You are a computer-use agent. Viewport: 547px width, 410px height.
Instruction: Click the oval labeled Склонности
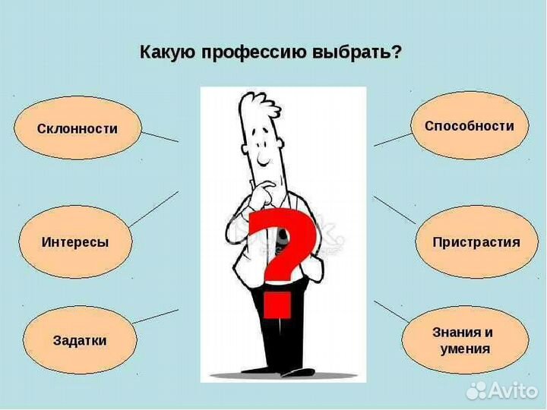pos(77,128)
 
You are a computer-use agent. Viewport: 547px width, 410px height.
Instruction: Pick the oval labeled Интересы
pos(75,242)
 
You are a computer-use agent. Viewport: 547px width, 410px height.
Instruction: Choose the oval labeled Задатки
pos(80,340)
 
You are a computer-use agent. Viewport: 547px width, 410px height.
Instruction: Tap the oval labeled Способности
pos(469,126)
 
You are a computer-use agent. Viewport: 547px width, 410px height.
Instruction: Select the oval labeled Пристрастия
pos(476,242)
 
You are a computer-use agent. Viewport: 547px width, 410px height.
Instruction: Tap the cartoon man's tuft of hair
pos(258,102)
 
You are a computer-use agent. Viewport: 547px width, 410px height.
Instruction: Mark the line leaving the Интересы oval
pos(154,209)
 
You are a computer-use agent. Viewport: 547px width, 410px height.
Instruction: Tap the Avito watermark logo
pos(501,389)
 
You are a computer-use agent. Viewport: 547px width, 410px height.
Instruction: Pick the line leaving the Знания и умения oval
pos(392,311)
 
